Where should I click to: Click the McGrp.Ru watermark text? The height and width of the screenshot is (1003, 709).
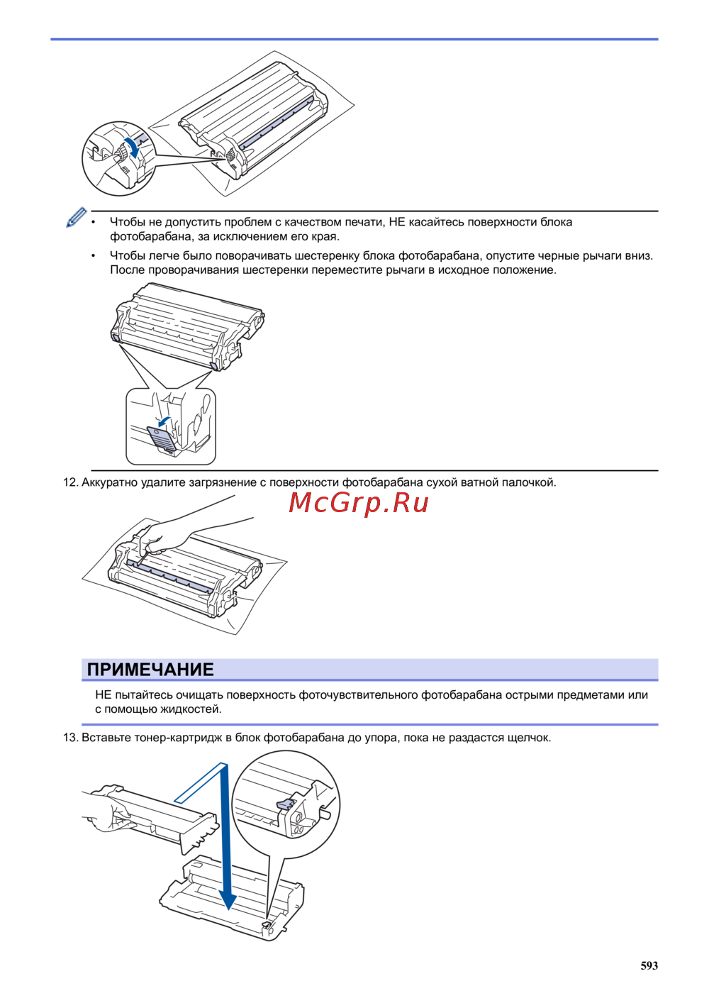pyautogui.click(x=359, y=503)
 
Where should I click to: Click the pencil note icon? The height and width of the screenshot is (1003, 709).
pyautogui.click(x=77, y=217)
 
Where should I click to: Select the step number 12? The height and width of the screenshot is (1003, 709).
pyautogui.click(x=70, y=482)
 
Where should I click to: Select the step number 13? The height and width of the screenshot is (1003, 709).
pyautogui.click(x=70, y=738)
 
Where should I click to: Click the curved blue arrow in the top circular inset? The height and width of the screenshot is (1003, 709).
pyautogui.click(x=132, y=147)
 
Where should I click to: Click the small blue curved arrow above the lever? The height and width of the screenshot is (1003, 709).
pyautogui.click(x=164, y=421)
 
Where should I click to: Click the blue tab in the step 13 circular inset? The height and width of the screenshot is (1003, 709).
pyautogui.click(x=285, y=804)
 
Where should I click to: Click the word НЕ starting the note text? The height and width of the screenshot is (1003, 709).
pyautogui.click(x=103, y=695)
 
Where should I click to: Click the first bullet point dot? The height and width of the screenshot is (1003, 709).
pyautogui.click(x=93, y=222)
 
